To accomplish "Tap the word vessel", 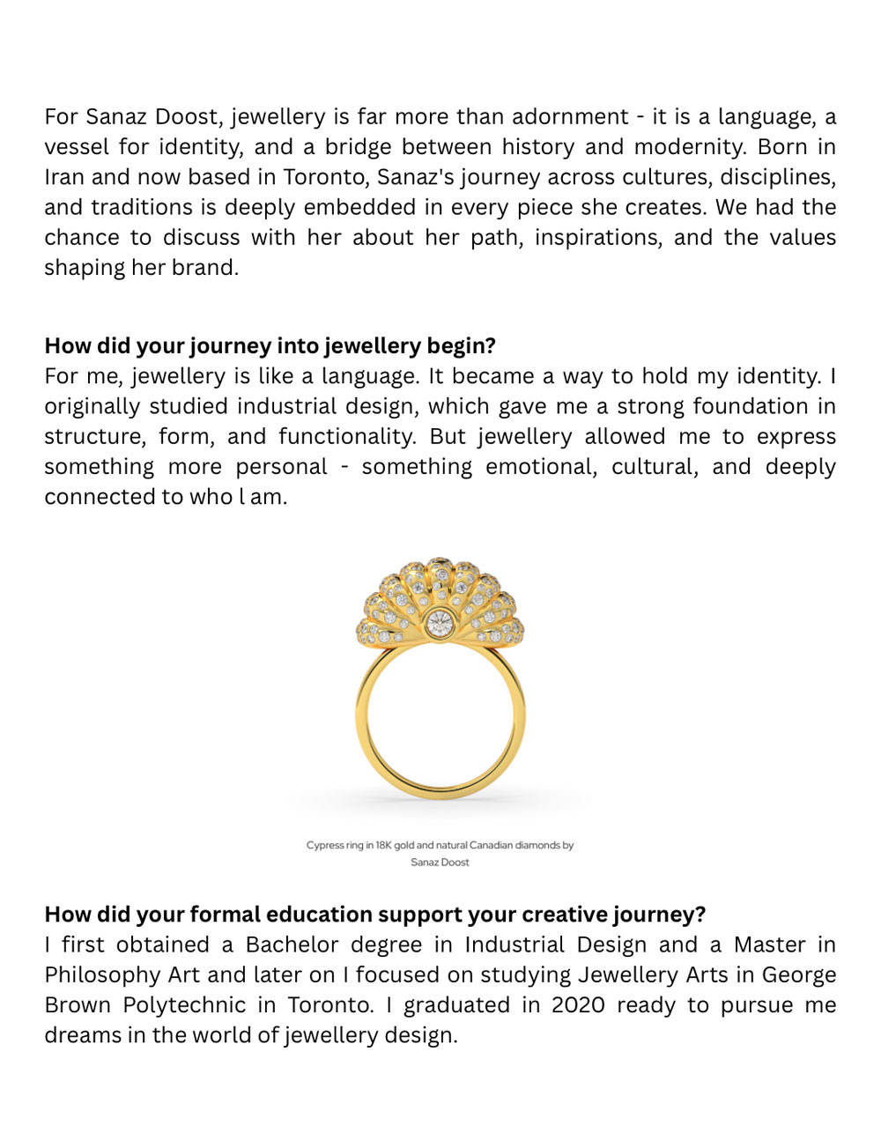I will tap(74, 147).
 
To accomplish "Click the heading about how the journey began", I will tap(270, 345).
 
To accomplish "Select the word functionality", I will tap(347, 437).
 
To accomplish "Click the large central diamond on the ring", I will tap(439, 624).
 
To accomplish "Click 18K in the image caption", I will tap(383, 845).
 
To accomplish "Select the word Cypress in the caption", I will tap(324, 845).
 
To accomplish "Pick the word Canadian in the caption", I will tap(491, 845).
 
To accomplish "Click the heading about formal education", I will tap(374, 915).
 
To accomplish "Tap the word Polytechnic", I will tap(184, 1005).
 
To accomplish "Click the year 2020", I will tap(578, 1005).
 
